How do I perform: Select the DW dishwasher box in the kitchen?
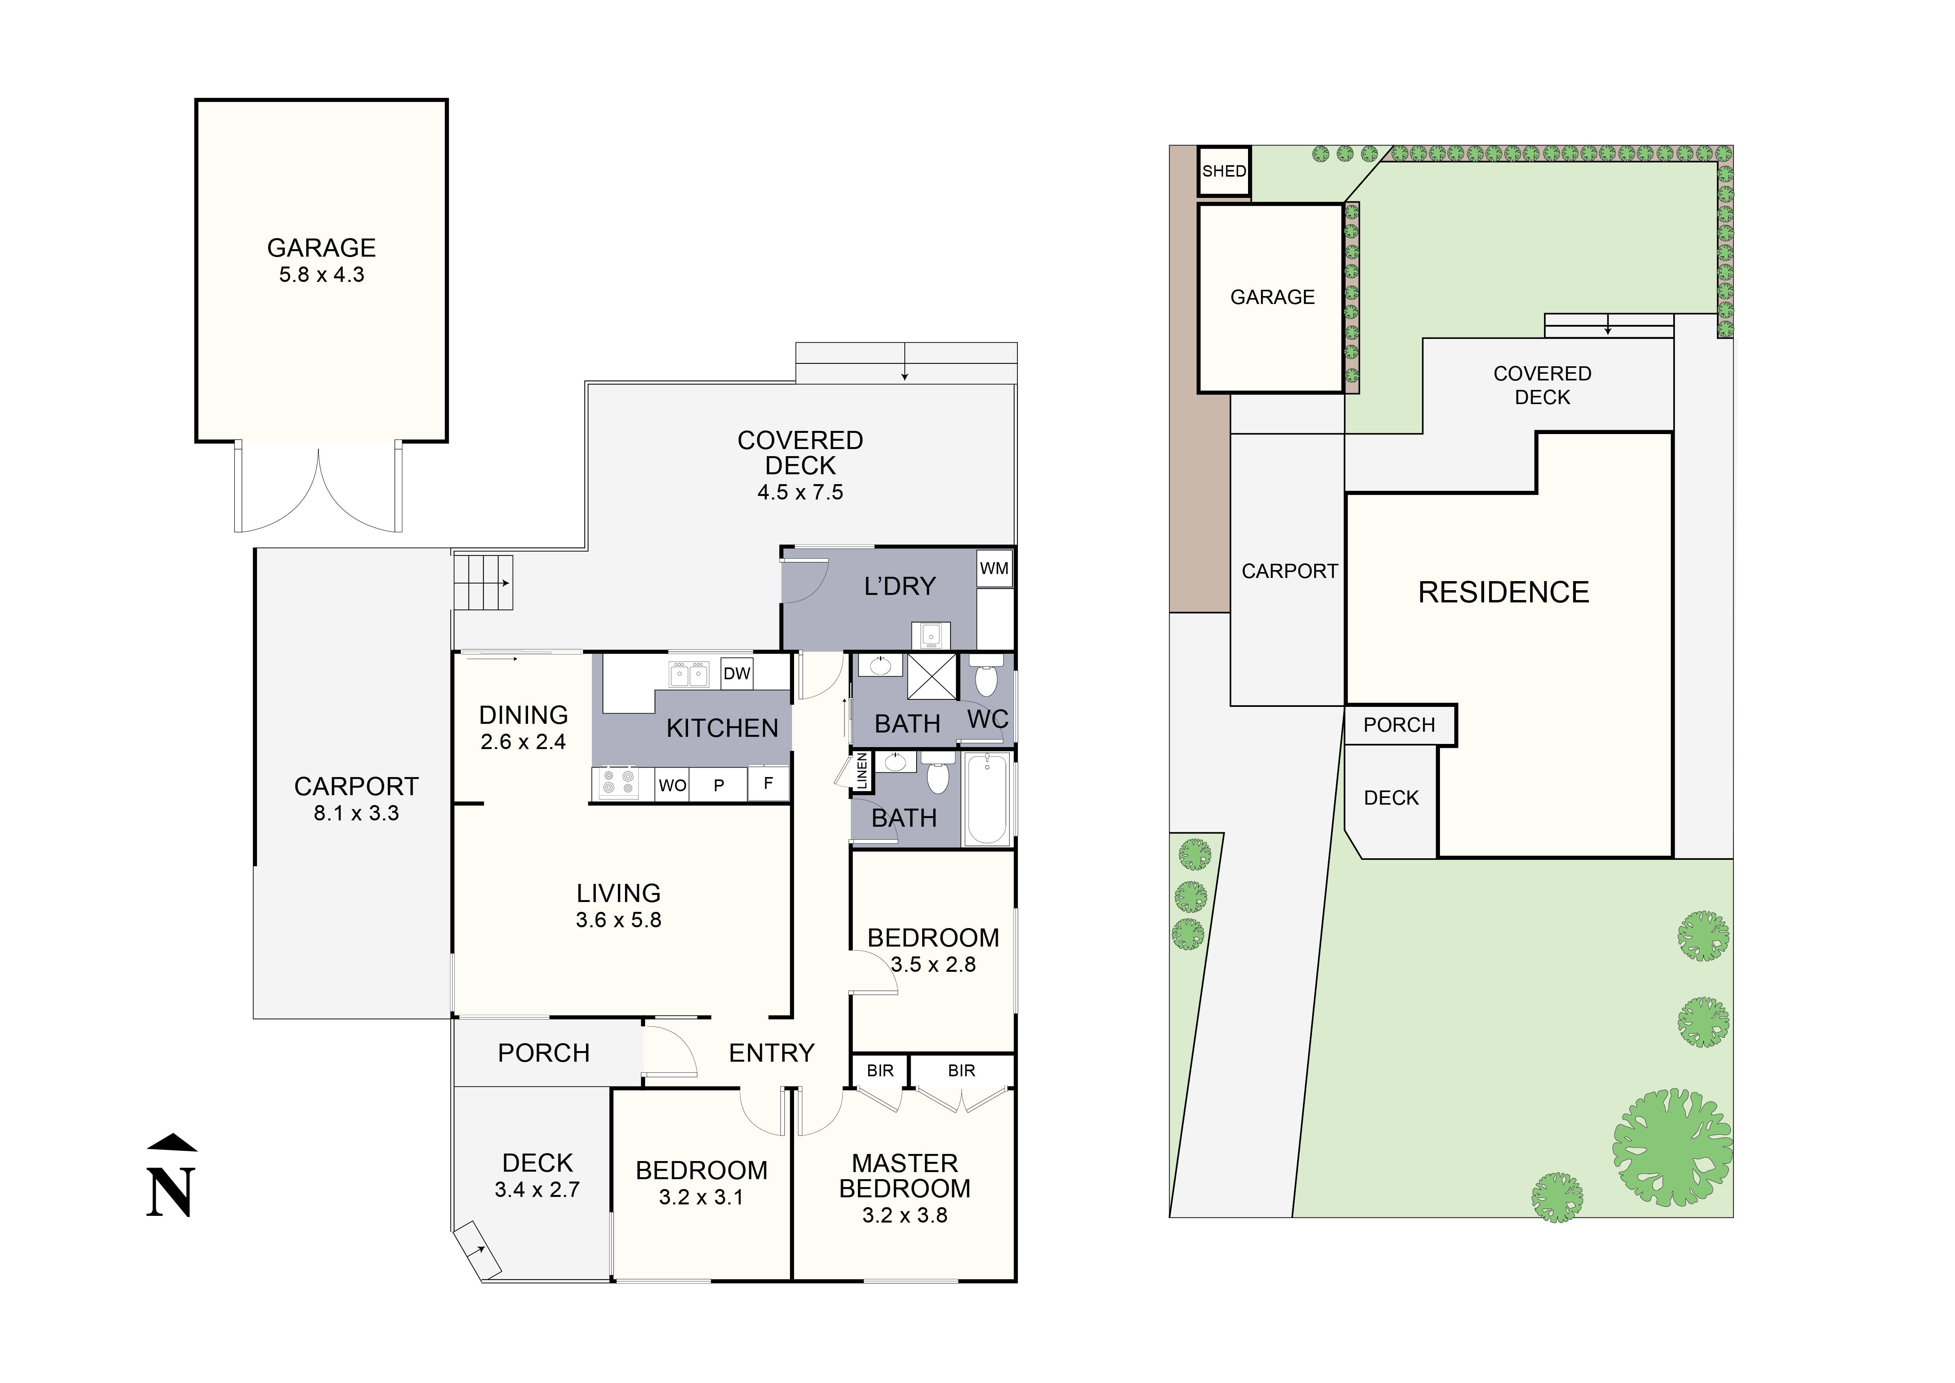tap(737, 674)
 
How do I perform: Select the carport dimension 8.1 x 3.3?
tap(356, 813)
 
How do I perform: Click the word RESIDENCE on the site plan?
tap(1503, 593)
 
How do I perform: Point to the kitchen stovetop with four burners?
tap(618, 783)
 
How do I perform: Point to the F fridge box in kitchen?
tap(768, 783)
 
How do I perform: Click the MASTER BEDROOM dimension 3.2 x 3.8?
tap(904, 1215)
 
